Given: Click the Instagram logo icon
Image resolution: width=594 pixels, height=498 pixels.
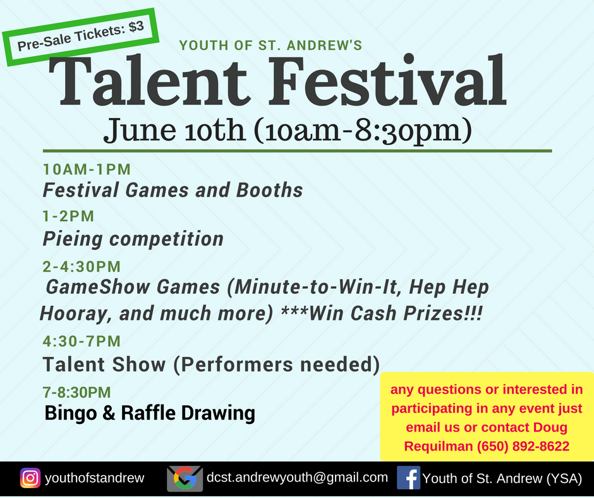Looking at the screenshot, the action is [x=30, y=478].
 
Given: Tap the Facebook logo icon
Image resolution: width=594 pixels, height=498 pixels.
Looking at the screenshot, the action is [x=408, y=478].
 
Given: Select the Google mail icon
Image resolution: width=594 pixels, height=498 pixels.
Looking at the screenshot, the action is [x=185, y=478].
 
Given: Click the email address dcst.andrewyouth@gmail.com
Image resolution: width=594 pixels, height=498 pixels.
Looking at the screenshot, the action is [x=298, y=477].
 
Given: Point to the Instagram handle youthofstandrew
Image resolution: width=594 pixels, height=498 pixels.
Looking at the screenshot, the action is [x=94, y=478].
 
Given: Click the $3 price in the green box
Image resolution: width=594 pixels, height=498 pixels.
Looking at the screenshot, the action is [x=136, y=27].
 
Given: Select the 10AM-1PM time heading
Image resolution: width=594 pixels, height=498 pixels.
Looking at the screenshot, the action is [x=87, y=169].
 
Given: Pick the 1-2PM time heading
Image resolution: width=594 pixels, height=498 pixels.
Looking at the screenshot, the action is [x=68, y=216].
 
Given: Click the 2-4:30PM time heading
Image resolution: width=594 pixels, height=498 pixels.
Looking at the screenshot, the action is [x=82, y=267].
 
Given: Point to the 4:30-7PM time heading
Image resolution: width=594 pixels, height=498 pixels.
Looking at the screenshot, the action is [x=82, y=341].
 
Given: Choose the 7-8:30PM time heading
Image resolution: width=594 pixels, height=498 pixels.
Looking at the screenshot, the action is [x=76, y=392].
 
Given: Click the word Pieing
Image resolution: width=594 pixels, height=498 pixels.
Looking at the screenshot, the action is [x=73, y=239].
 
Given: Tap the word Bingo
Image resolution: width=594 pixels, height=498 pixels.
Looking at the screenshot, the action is [x=71, y=413].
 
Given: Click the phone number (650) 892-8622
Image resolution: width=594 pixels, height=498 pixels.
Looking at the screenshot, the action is [x=523, y=446].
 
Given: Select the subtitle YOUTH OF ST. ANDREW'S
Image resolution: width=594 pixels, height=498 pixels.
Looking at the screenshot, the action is [x=270, y=46].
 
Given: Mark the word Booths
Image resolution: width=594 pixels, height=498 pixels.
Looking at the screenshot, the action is [x=269, y=190].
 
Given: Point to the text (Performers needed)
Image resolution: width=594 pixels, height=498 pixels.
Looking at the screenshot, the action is [x=277, y=365].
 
